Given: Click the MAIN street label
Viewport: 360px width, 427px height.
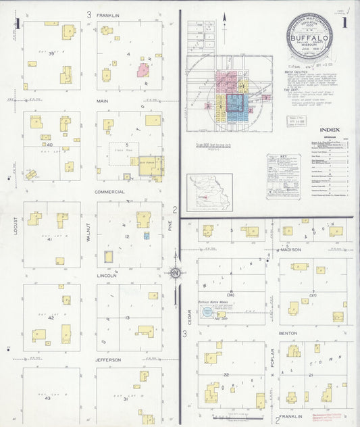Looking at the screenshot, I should (x=103, y=101).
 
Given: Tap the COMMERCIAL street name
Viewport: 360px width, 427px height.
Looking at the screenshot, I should (x=109, y=192).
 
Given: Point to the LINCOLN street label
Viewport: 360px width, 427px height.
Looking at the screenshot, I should (x=107, y=276).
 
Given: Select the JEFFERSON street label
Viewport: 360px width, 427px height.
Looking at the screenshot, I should (x=108, y=360).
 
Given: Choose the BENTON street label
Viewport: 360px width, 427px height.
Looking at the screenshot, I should (x=288, y=334).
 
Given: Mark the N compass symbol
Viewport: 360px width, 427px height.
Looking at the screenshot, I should (x=174, y=273).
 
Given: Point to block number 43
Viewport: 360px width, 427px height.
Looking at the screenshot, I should (x=47, y=398).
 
